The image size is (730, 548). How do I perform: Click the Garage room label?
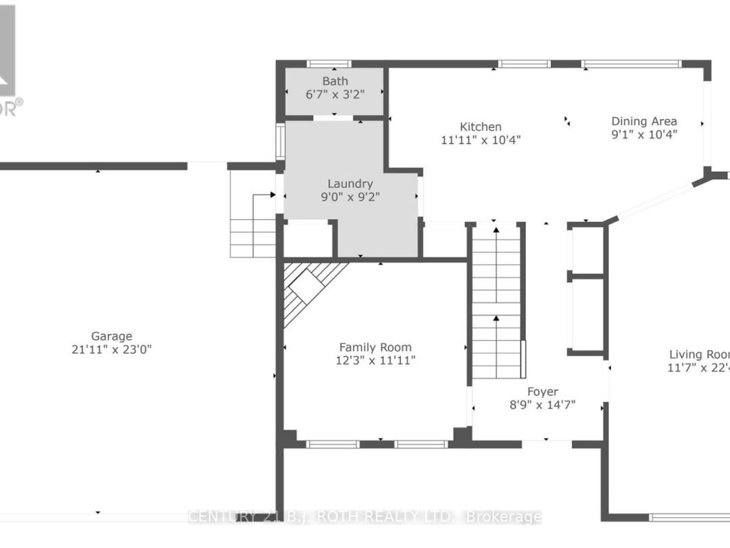click(112, 336)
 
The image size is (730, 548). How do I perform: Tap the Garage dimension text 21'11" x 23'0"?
click(112, 350)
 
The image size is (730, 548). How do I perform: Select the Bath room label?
click(335, 81)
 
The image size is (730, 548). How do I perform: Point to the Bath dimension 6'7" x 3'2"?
click(335, 95)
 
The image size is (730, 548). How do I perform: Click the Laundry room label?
click(350, 183)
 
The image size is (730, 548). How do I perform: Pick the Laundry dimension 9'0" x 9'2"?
click(350, 197)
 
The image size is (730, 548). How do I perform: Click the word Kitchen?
click(481, 127)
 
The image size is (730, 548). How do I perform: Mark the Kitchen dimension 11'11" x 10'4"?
click(481, 140)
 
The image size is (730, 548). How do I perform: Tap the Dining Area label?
click(644, 121)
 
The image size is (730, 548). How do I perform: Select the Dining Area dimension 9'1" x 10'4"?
click(644, 135)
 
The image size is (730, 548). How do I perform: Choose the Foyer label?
click(543, 392)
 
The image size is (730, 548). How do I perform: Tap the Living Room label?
click(700, 355)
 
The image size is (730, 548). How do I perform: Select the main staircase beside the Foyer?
click(497, 301)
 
